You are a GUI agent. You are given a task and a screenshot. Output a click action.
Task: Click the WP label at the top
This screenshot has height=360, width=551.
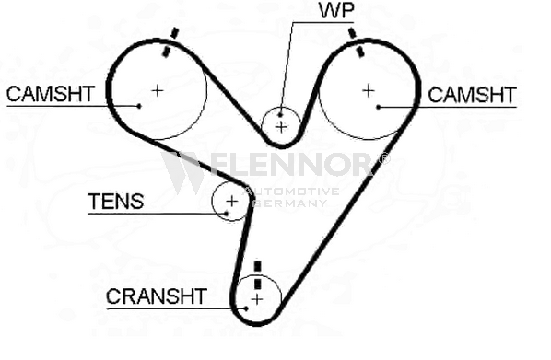click(336, 10)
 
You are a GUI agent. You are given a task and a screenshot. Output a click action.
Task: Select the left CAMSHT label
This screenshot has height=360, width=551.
click(51, 94)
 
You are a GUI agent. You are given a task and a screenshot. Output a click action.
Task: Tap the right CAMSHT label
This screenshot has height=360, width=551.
click(472, 95)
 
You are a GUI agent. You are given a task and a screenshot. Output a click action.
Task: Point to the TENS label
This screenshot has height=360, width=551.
click(115, 202)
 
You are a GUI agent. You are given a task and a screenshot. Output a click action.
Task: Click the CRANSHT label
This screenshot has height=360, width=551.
click(157, 296)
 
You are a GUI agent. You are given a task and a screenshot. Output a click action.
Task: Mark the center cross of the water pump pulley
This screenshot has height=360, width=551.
click(281, 127)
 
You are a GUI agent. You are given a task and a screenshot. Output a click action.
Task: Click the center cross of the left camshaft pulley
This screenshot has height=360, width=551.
click(158, 90)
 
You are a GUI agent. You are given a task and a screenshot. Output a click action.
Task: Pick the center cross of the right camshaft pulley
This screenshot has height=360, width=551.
click(369, 91)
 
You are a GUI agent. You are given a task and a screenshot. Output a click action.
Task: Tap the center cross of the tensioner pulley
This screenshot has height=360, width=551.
click(231, 202)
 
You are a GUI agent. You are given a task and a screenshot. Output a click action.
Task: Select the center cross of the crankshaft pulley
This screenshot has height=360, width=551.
click(257, 299)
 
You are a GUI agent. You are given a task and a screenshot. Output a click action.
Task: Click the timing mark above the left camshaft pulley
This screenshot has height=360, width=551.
click(170, 42)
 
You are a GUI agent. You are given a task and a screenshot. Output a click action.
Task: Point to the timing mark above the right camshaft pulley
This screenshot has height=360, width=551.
click(356, 43)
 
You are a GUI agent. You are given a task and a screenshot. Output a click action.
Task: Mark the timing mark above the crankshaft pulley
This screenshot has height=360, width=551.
click(258, 275)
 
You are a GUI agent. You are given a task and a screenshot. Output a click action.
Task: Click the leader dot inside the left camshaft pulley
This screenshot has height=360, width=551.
click(139, 106)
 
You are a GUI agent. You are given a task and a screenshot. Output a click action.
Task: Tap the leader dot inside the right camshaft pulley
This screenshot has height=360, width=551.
click(378, 107)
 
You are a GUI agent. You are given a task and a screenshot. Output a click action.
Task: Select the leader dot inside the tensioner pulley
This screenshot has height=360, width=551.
click(227, 214)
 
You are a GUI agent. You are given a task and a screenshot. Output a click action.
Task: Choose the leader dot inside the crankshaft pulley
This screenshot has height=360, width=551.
click(246, 308)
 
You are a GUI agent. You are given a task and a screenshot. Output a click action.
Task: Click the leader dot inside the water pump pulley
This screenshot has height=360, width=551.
click(280, 114)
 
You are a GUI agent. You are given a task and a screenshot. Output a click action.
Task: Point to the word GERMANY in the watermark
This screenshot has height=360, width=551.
click(291, 203)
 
